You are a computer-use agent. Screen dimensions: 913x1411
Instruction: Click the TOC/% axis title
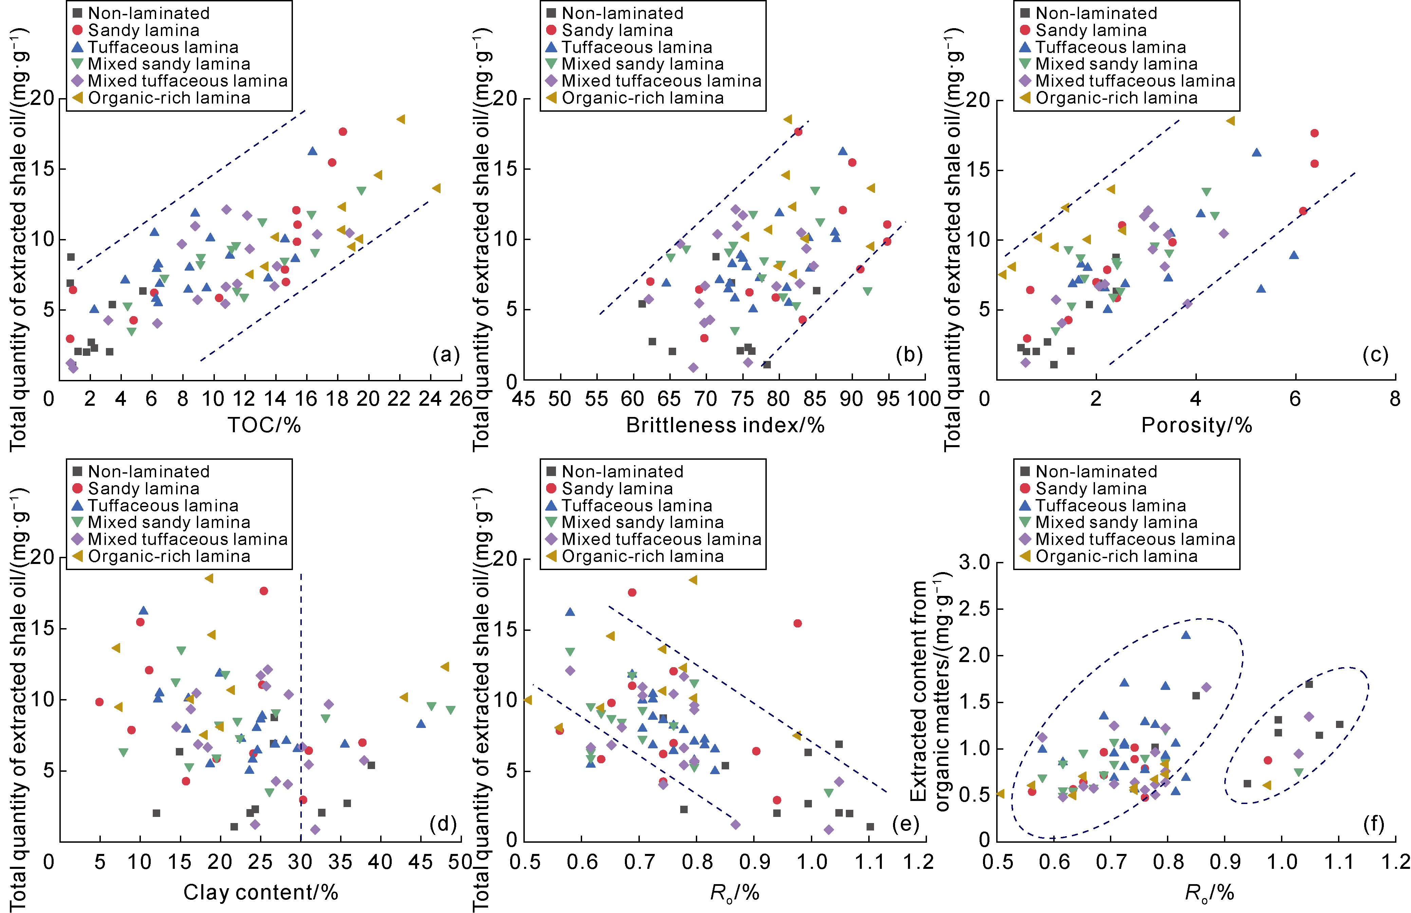coord(264,425)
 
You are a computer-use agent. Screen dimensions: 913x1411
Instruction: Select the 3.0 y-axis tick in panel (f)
coord(974,562)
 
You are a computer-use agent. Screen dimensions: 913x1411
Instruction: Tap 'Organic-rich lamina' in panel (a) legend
coord(169,98)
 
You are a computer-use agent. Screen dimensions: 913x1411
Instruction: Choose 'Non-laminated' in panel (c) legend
coord(1096,13)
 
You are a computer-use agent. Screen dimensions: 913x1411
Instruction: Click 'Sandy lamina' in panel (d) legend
coord(144,489)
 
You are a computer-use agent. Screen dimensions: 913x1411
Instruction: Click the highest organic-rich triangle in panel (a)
coord(401,119)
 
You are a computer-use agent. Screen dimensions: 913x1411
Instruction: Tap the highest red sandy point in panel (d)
coord(264,590)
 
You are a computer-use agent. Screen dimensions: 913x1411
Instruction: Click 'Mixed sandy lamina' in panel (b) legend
coord(643,64)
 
